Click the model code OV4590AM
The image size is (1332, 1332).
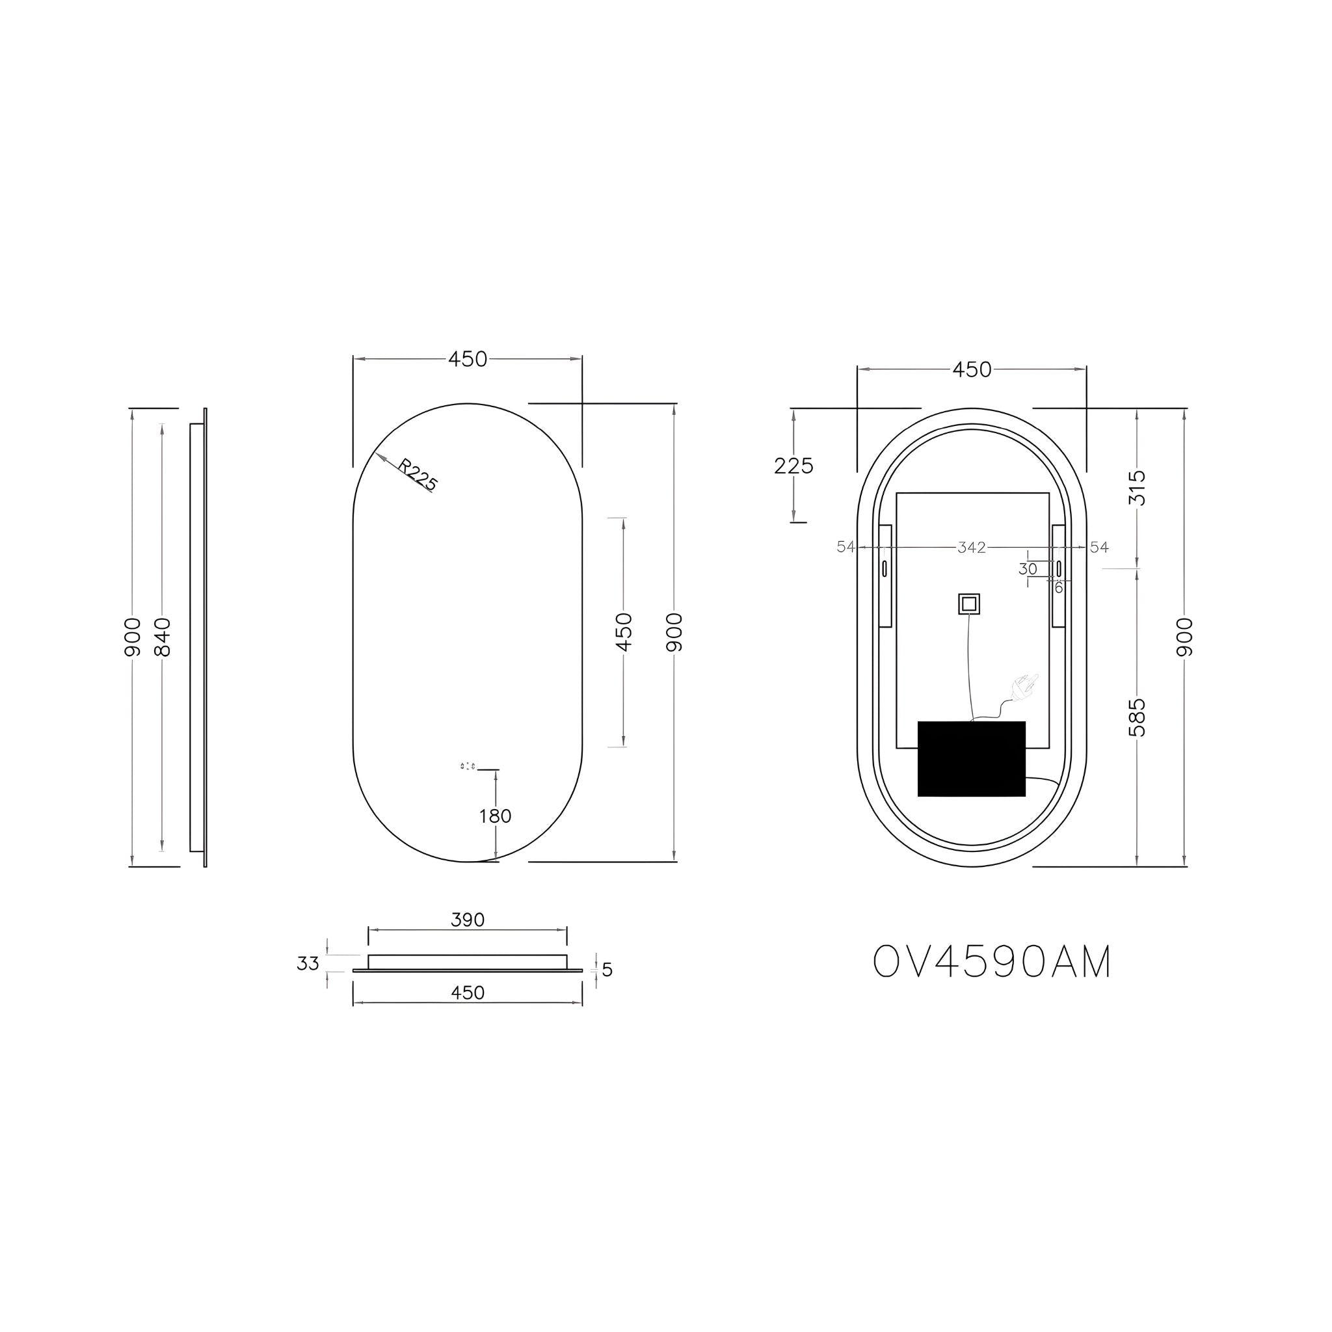tap(992, 962)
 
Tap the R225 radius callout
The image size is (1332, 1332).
tap(418, 476)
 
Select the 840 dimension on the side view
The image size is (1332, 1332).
tap(162, 637)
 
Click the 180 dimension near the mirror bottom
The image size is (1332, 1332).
tap(495, 816)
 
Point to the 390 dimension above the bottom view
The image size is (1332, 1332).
tap(468, 920)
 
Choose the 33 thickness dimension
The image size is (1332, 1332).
tap(308, 963)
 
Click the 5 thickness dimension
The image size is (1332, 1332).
tap(607, 970)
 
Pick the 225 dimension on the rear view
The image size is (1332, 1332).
tap(793, 466)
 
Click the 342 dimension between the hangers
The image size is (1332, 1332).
tap(972, 548)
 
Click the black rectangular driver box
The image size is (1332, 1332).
tap(972, 758)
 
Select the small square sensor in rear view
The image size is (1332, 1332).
tap(968, 605)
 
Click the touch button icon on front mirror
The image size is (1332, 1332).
tap(468, 766)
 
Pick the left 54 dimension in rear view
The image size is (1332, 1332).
tap(846, 547)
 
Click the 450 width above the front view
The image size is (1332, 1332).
tap(468, 359)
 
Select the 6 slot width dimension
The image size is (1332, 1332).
tap(1058, 588)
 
